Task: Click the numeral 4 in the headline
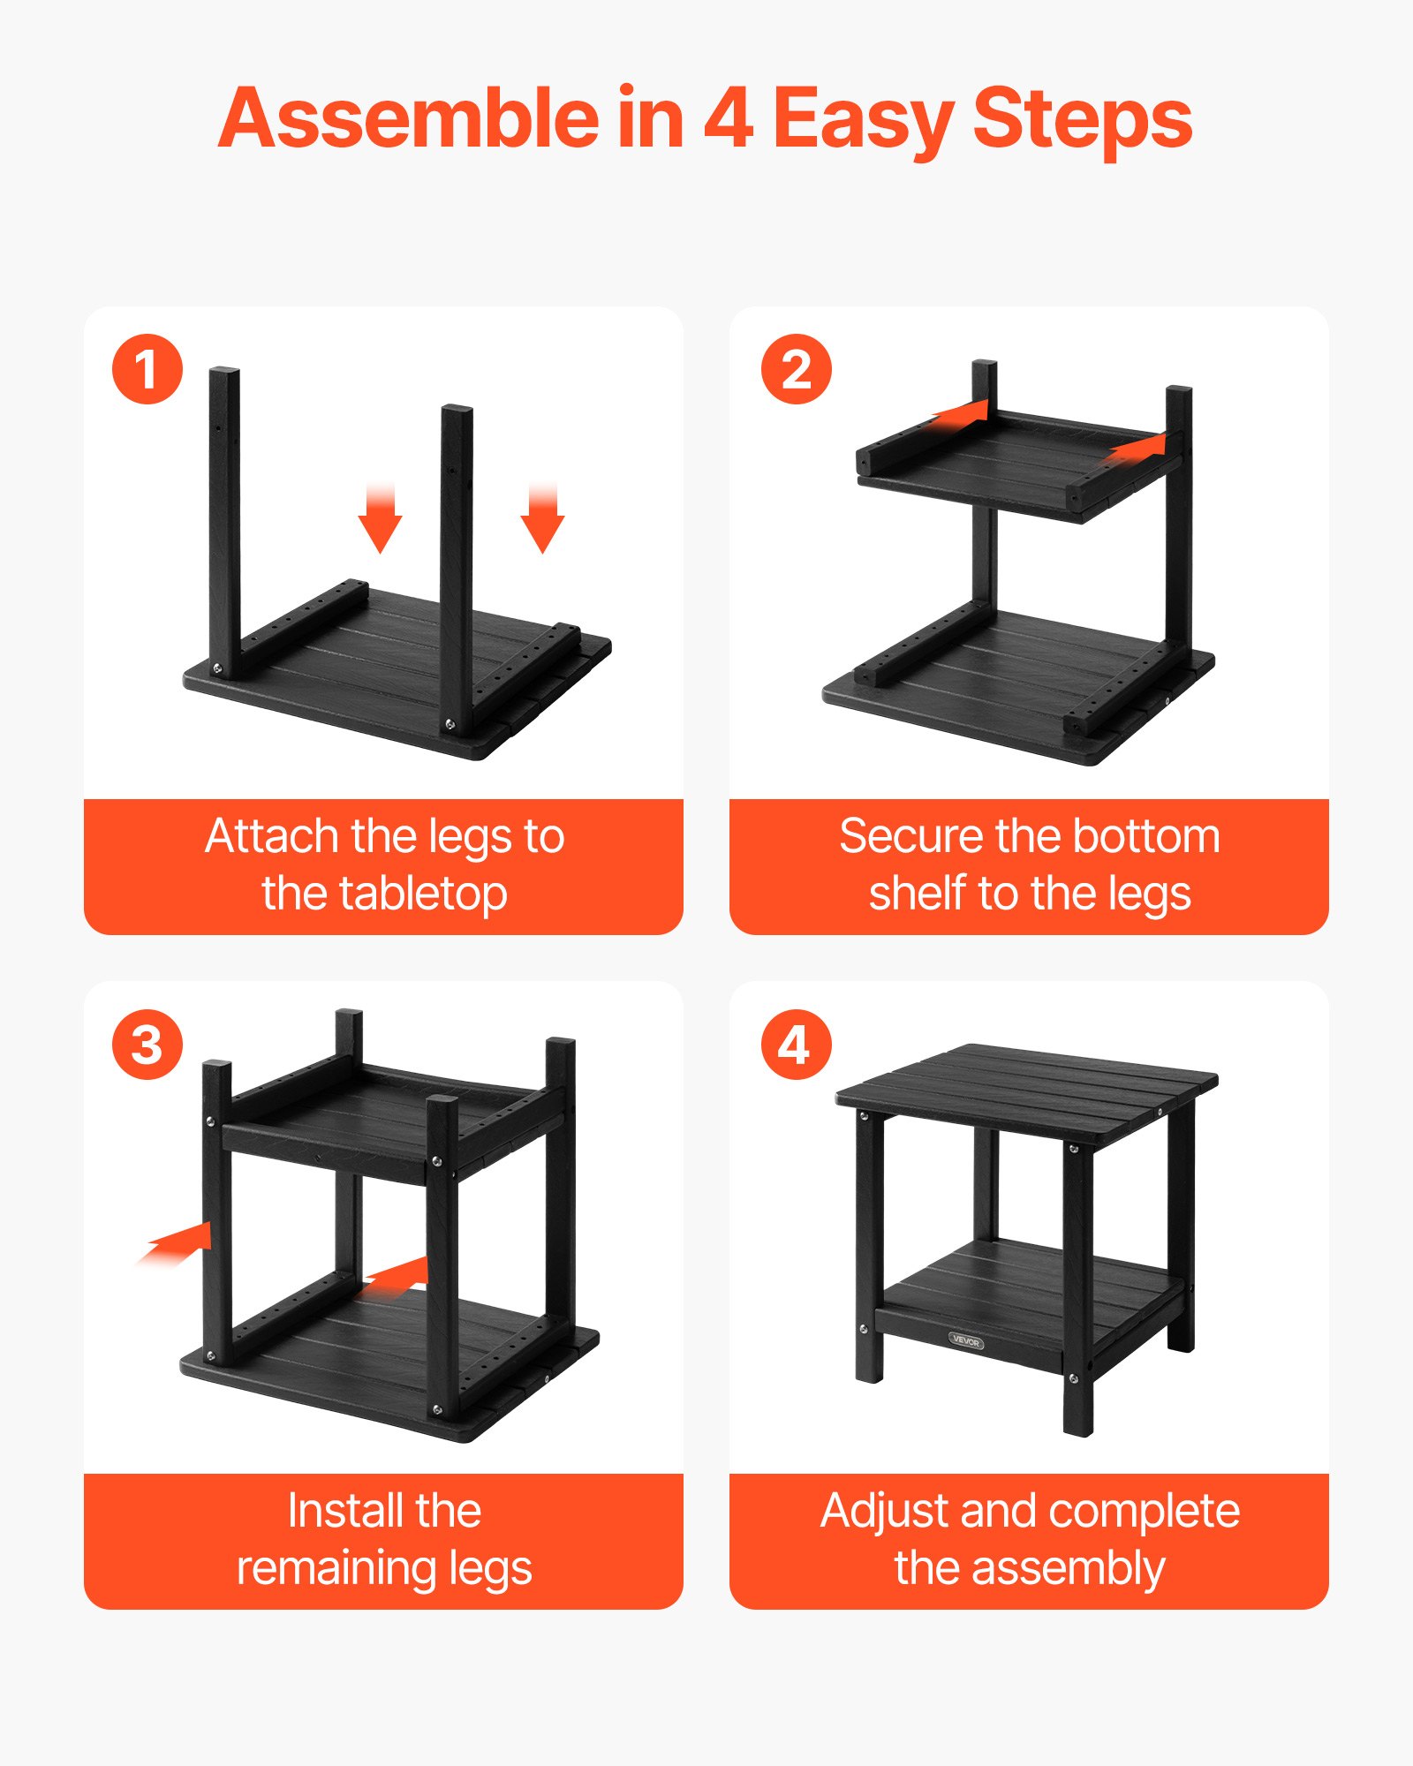tap(729, 119)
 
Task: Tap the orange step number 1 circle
tap(147, 369)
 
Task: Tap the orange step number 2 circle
tap(797, 369)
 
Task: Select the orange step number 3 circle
tap(147, 1045)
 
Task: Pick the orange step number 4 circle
tap(797, 1045)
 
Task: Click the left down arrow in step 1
tap(381, 521)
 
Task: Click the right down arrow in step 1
tap(542, 521)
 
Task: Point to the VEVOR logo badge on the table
tap(966, 1341)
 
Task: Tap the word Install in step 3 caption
tap(336, 1511)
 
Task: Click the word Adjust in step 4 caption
tap(883, 1511)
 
